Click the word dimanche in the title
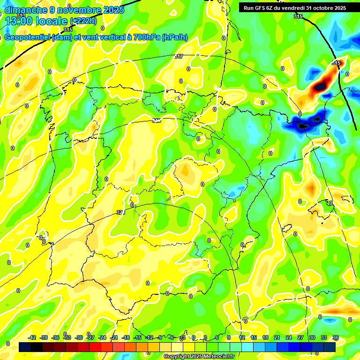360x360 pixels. pos(24,10)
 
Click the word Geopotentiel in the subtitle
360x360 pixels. pos(28,37)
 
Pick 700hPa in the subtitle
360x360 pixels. pos(146,37)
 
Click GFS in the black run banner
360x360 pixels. pos(261,8)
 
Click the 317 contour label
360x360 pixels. pos(179,56)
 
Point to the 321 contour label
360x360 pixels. pos(120,212)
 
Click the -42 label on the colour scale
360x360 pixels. pos(32,337)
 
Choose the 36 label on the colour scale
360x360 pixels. pos(336,337)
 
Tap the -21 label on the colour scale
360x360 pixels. pos(114,337)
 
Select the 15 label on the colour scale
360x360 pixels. pos(254,337)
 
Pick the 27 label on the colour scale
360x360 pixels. pos(300,337)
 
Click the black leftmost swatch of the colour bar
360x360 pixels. pos(25,347)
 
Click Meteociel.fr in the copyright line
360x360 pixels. pos(219,357)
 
